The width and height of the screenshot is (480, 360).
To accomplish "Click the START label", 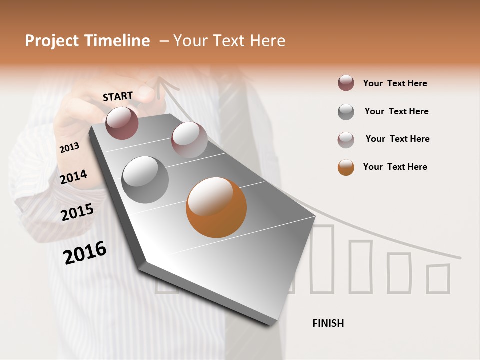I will (118, 96).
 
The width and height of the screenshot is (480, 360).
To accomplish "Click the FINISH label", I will (328, 323).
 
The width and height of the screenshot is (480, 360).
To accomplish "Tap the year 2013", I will (69, 147).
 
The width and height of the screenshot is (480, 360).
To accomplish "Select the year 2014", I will (73, 177).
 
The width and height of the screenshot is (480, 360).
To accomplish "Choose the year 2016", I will (85, 253).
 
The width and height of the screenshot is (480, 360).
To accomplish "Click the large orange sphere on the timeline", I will (216, 207).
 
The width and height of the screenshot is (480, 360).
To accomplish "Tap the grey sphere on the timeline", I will (145, 180).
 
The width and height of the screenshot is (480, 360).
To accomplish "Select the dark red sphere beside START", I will (122, 123).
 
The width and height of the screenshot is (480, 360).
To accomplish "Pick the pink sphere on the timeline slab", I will (189, 140).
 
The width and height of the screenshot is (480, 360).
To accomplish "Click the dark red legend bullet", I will (346, 83).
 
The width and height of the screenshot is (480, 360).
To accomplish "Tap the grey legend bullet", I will (346, 112).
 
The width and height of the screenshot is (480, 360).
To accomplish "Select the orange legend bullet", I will (346, 167).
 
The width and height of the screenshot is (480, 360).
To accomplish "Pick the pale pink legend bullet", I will (346, 140).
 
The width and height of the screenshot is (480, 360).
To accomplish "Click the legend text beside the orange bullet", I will (395, 167).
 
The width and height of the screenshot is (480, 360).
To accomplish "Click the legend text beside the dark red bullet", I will (395, 83).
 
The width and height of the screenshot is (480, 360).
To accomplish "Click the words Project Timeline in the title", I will (87, 41).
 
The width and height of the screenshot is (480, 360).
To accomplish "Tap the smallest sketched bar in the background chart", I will (438, 278).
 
